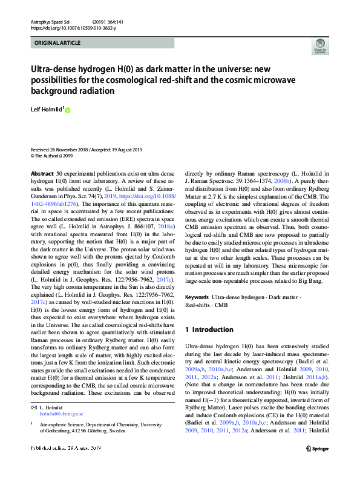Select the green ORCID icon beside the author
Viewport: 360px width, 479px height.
[x=67, y=110]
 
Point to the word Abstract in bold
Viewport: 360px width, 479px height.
[x=42, y=174]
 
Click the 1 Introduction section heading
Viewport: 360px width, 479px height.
[x=209, y=329]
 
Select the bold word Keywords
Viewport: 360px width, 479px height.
[x=197, y=298]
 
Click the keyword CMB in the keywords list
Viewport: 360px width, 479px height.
[x=220, y=306]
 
